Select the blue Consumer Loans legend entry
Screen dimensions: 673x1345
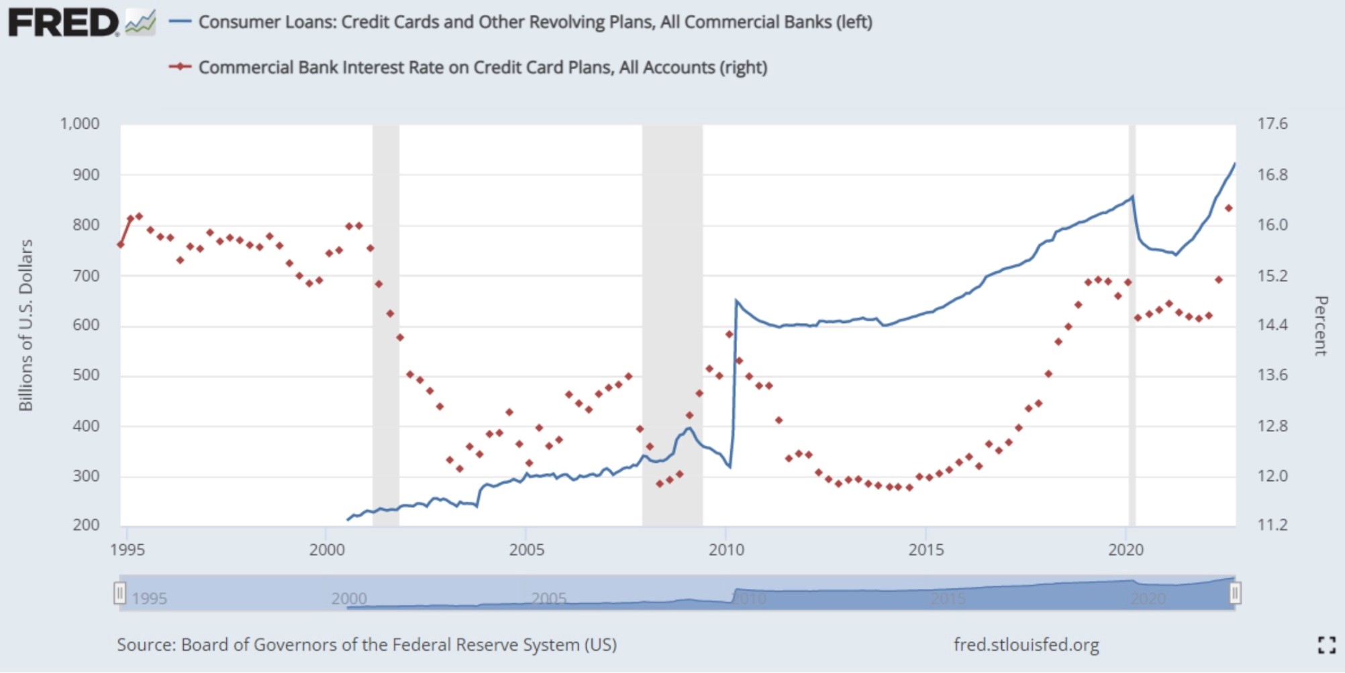coord(535,22)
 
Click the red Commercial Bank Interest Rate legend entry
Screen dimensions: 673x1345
coord(482,67)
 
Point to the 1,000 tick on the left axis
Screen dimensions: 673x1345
coord(79,124)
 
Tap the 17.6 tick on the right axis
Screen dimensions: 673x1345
coord(1273,124)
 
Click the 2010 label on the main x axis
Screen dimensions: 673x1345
coord(726,550)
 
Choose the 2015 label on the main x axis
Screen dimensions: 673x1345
coord(926,550)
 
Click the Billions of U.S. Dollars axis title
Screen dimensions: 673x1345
coord(26,325)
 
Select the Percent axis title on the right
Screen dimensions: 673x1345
coord(1320,325)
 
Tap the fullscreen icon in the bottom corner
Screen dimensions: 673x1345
coord(1326,645)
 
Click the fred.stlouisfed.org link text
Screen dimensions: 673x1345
coord(1026,645)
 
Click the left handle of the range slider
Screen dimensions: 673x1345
coord(119,593)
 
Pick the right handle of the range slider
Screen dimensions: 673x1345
coord(1234,593)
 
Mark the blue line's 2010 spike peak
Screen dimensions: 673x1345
coord(736,300)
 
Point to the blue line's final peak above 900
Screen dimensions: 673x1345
coord(1235,163)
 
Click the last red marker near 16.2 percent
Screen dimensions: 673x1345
coord(1229,208)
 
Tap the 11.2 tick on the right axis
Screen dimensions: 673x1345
coord(1273,525)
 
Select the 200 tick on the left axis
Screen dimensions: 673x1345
coord(86,525)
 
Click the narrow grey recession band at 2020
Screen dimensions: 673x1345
coord(1132,322)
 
